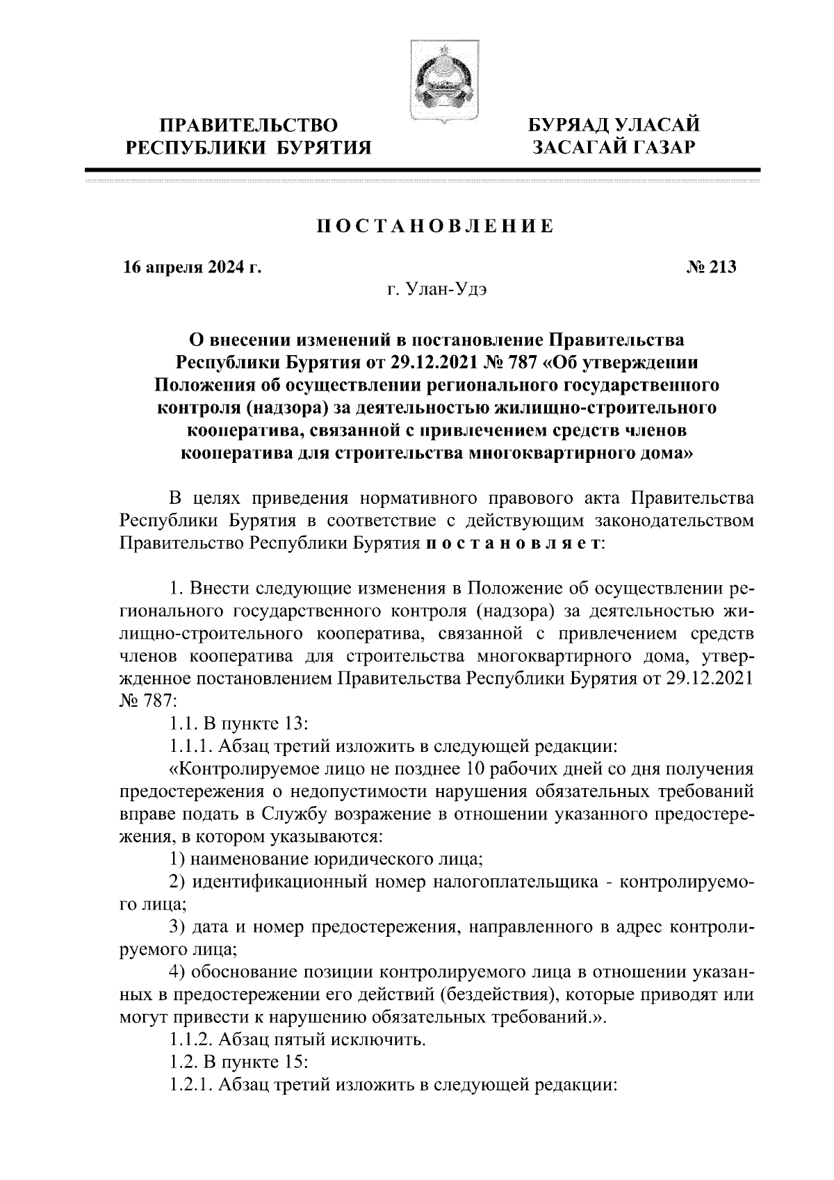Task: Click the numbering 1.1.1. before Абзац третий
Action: pyautogui.click(x=191, y=747)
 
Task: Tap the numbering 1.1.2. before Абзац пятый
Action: pyautogui.click(x=193, y=1041)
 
